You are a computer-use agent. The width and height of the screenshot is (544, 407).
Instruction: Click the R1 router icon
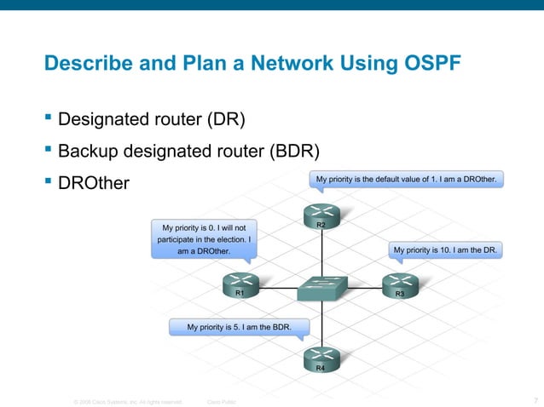240,284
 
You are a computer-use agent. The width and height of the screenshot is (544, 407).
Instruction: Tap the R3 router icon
399,284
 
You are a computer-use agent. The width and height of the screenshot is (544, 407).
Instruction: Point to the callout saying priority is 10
447,250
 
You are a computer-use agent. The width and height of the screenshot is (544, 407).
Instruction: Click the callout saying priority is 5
239,326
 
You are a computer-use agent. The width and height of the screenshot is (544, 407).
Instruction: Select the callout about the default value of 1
407,180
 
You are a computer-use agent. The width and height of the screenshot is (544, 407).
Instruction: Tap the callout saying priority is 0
204,239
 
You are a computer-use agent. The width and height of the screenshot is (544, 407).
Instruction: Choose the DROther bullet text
93,184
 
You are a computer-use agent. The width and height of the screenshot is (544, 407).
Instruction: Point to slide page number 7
534,400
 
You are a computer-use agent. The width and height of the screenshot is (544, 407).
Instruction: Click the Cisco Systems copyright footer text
127,401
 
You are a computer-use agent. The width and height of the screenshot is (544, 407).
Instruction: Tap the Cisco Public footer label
222,401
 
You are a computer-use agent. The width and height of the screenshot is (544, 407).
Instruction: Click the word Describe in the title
84,64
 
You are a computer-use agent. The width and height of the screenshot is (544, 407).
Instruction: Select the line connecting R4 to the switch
321,324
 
